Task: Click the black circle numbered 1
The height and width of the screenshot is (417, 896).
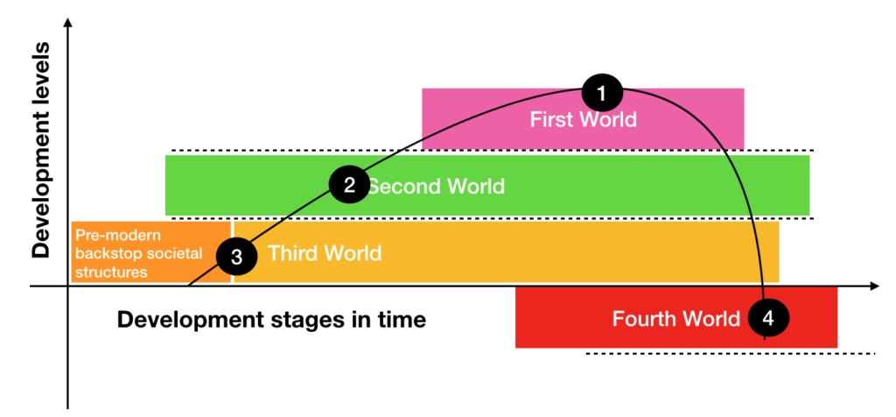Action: point(600,91)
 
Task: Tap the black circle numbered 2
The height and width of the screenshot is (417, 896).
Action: point(349,185)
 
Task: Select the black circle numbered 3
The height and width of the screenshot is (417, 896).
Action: point(236,256)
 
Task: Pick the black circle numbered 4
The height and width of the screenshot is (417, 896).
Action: point(767,319)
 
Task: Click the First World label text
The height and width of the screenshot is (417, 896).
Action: point(583,119)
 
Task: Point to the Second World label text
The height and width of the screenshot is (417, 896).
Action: point(435,186)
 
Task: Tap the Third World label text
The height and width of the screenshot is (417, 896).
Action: point(325,254)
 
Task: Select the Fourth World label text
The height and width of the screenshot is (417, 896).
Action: point(675,318)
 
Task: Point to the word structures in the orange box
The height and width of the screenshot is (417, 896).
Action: point(111,272)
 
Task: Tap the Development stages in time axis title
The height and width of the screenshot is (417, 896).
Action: point(271,320)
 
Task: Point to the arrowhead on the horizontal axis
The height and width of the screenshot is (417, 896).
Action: point(872,286)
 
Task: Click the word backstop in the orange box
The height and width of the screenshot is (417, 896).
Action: point(106,254)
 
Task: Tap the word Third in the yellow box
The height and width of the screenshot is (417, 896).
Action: point(295,254)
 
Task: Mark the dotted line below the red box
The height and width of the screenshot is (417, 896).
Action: point(730,354)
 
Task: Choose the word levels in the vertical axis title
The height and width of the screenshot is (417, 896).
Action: point(41,90)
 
